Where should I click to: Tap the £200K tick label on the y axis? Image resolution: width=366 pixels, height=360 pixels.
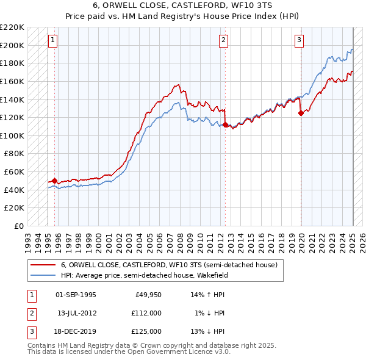click(12, 45)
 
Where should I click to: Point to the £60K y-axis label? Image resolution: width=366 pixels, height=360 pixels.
click(15, 172)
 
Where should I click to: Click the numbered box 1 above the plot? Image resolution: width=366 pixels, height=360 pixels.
click(53, 41)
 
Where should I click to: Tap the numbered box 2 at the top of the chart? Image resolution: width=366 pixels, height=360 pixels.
click(224, 41)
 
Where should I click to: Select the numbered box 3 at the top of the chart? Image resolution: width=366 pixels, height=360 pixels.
click(300, 41)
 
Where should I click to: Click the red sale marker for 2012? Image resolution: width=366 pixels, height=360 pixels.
click(225, 125)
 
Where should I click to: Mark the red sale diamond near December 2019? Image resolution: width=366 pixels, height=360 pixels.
click(301, 113)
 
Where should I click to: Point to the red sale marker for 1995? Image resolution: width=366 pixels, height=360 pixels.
click(54, 181)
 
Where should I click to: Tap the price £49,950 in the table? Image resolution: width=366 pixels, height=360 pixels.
click(148, 295)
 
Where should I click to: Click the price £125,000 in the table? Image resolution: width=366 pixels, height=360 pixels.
click(148, 331)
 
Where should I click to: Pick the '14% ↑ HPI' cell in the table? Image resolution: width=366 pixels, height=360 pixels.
click(208, 295)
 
